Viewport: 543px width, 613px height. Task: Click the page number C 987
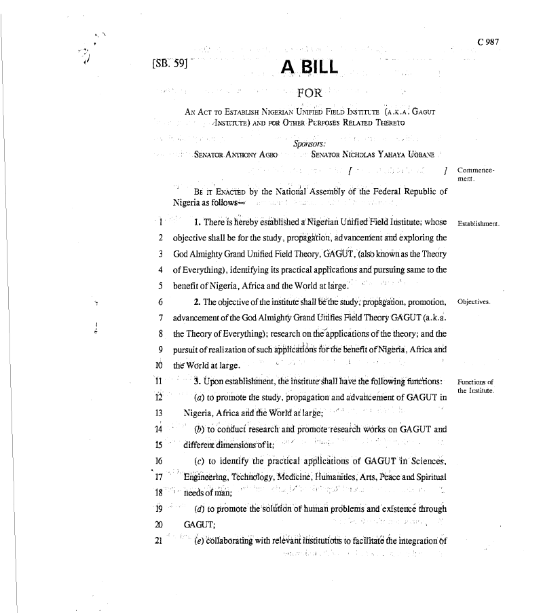pos(488,41)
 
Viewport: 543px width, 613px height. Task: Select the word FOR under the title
pos(310,93)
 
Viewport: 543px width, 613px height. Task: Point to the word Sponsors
pos(310,143)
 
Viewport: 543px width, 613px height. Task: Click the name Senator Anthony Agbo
pos(236,155)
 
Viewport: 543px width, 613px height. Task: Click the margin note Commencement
pos(476,174)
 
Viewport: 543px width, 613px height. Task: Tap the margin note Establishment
pos(479,223)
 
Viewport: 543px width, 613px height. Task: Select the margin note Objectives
pos(474,301)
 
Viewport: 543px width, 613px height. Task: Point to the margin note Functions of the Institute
pos(476,386)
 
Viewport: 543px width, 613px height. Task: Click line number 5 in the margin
pos(160,285)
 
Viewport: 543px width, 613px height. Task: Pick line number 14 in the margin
pos(160,429)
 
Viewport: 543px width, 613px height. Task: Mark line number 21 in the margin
pos(159,541)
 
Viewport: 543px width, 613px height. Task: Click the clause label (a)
pos(200,397)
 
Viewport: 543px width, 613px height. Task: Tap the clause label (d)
pos(200,509)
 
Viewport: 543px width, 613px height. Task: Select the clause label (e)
pos(200,541)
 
